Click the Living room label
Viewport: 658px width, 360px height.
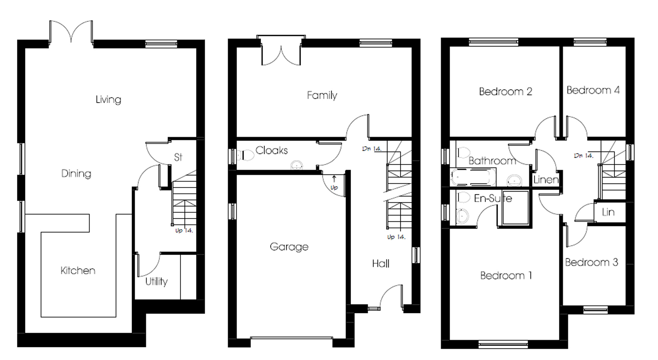coord(108,99)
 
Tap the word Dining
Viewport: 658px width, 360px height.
coord(76,173)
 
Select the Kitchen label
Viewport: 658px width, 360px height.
coord(78,270)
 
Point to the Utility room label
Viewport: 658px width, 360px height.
coord(156,282)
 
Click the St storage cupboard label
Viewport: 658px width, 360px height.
coord(178,157)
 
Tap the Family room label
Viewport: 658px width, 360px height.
coord(322,95)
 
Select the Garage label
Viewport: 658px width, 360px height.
coord(289,247)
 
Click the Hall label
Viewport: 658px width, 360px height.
coord(381,264)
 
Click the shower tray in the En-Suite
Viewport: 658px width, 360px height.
coord(515,208)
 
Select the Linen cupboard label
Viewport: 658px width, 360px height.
coord(546,180)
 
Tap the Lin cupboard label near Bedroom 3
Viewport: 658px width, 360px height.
coord(608,212)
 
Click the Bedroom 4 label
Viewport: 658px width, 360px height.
coord(593,90)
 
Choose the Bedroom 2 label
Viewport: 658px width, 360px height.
coord(505,91)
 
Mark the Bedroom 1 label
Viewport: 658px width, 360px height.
coord(506,275)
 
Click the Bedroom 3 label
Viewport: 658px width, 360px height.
coord(591,262)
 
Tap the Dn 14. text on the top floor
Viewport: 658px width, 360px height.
coord(583,155)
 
